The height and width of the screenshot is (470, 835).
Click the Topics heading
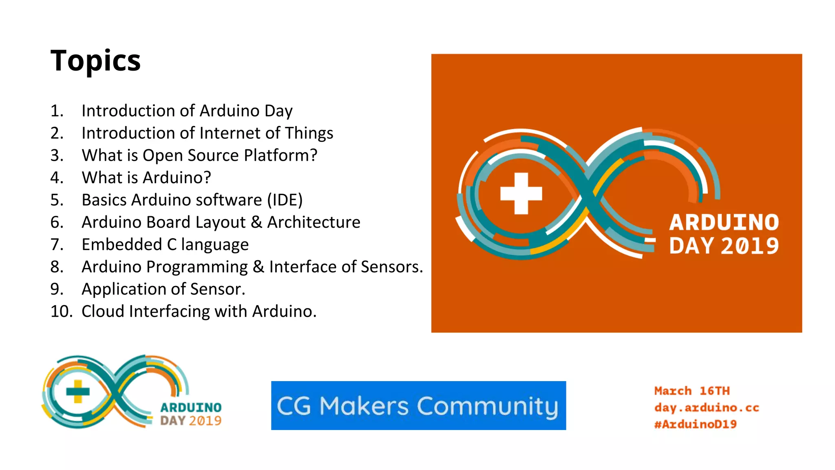click(x=95, y=61)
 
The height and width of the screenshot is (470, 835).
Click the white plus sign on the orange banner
click(x=521, y=193)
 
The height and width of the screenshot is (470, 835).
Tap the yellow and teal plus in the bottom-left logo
click(x=77, y=391)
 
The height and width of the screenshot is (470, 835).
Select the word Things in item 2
click(x=309, y=133)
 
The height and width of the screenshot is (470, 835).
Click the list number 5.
click(x=56, y=200)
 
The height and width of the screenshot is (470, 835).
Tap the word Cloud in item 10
click(x=103, y=311)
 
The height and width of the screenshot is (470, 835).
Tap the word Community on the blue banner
click(x=487, y=407)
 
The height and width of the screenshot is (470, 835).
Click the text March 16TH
click(x=692, y=391)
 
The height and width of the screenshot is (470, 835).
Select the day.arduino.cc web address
click(x=707, y=408)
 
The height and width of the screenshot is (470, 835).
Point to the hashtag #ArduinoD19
click(x=695, y=424)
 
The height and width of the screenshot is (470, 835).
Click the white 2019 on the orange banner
click(x=750, y=246)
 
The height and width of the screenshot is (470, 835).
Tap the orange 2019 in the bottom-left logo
click(x=205, y=421)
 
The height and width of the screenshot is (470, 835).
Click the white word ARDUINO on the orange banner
click(x=724, y=223)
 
